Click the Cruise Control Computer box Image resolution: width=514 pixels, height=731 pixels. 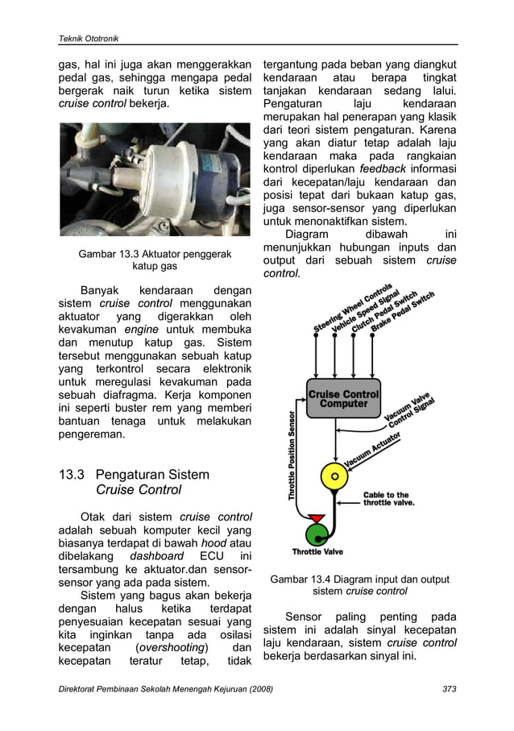click(343, 399)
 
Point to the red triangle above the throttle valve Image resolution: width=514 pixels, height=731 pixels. click(317, 516)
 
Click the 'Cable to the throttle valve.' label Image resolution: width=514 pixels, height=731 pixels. click(390, 499)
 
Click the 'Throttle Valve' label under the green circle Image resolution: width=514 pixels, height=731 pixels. click(317, 552)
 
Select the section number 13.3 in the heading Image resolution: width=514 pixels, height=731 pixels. click(73, 475)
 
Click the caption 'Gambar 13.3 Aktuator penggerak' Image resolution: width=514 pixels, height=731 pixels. click(155, 254)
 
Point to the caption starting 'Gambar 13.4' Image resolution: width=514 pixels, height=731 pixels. click(359, 579)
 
